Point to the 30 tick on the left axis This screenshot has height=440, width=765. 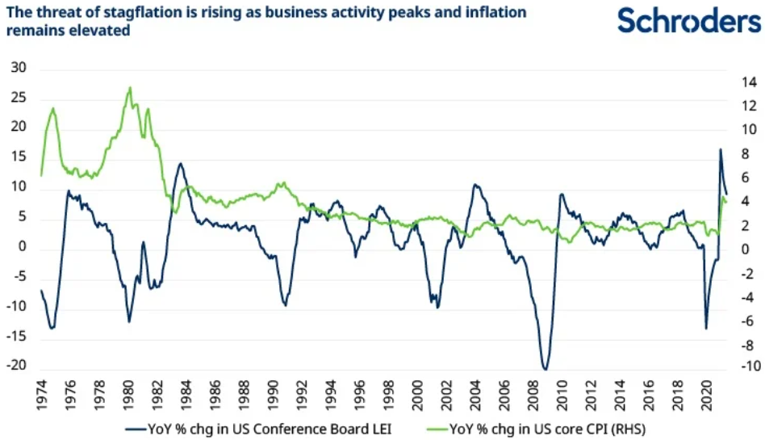tap(19, 69)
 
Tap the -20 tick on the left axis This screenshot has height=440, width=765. tap(15, 365)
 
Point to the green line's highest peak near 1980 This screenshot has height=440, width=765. tap(130, 87)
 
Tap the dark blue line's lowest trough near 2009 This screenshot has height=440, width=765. tap(546, 369)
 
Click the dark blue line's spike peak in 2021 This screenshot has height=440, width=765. tap(721, 149)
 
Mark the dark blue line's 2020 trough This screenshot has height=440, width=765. tap(706, 329)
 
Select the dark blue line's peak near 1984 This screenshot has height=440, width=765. tap(180, 164)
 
